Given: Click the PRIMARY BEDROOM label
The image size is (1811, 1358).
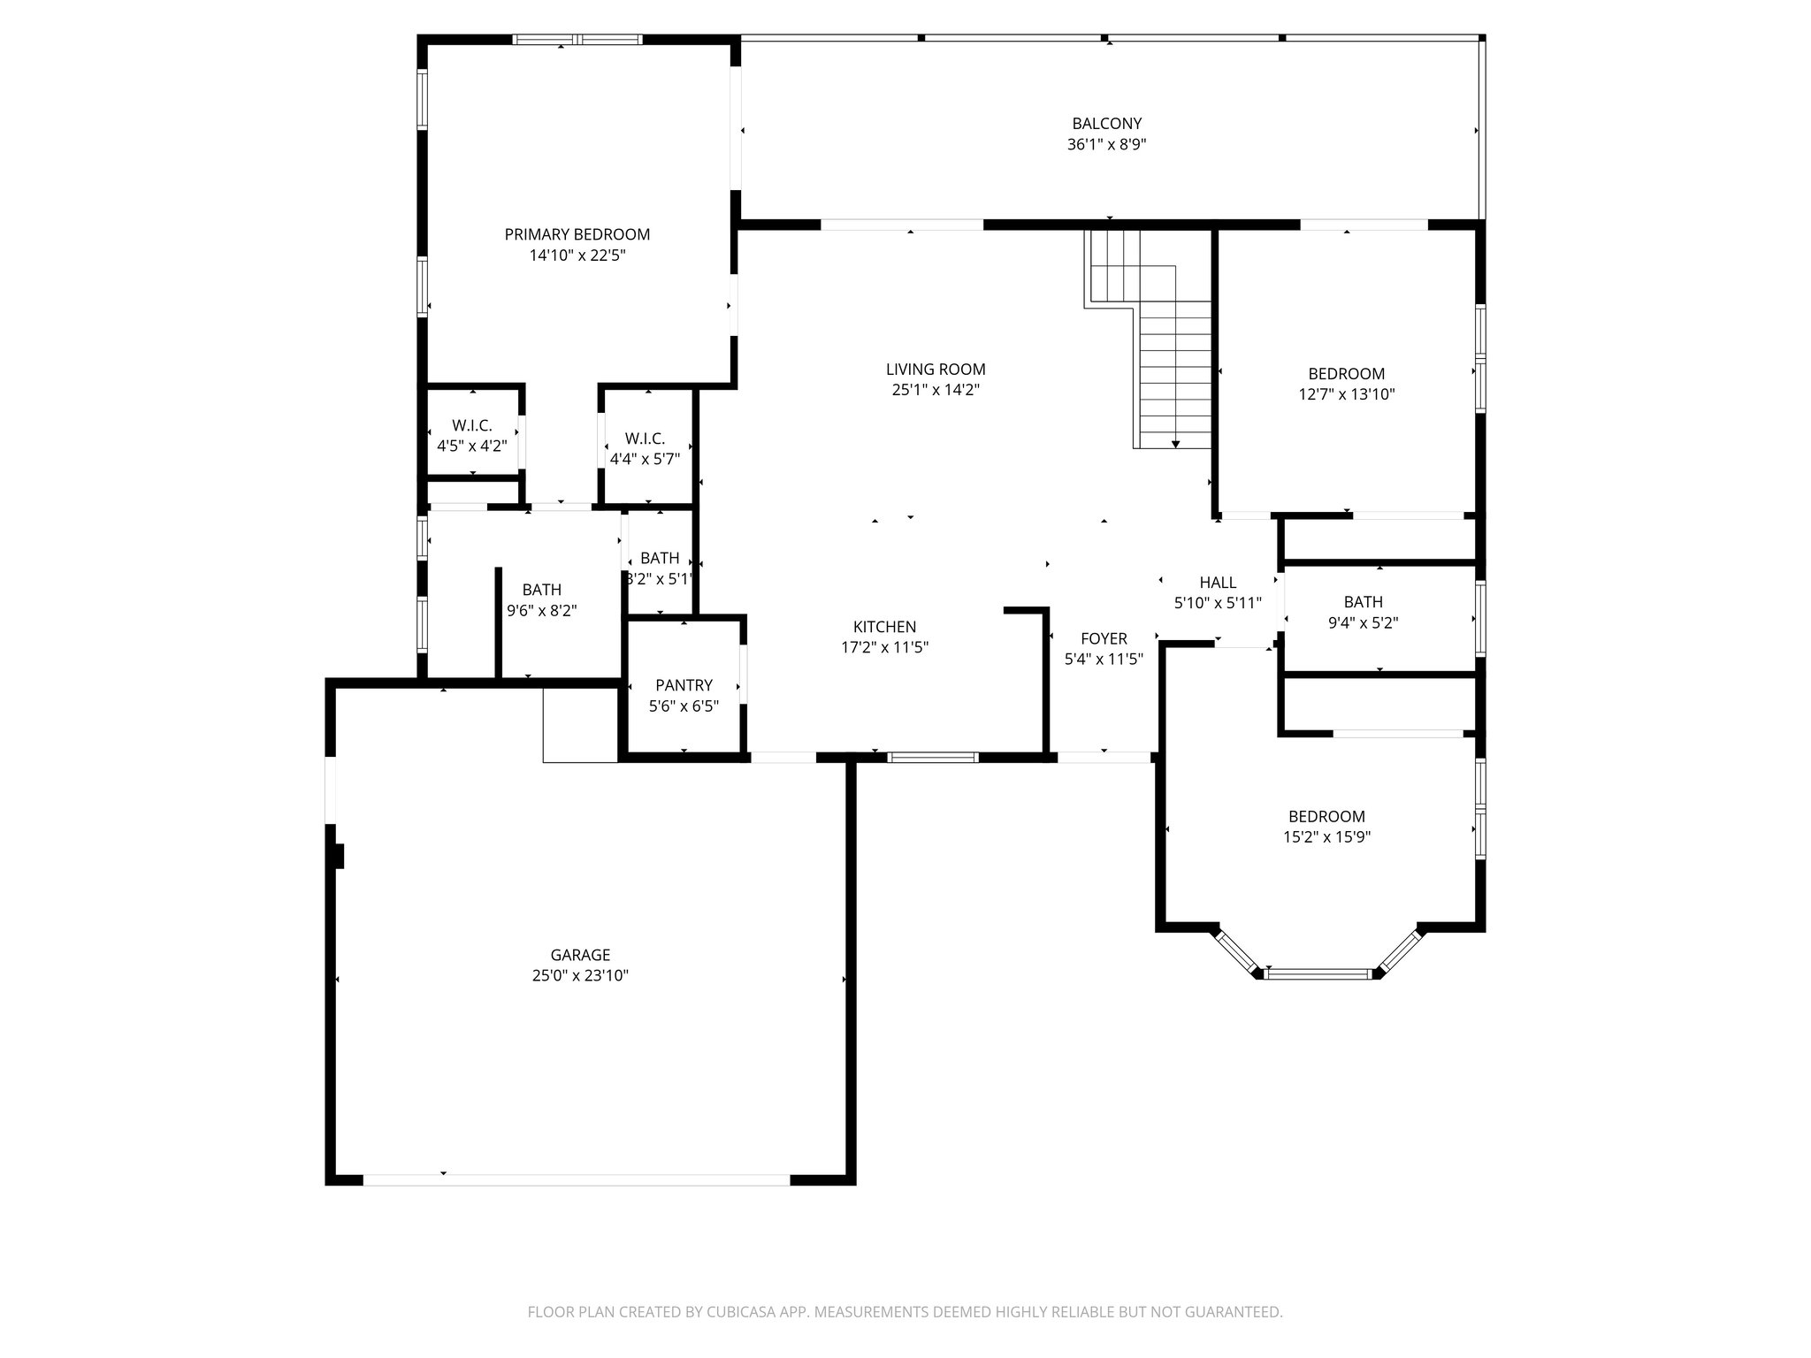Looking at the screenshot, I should point(577,234).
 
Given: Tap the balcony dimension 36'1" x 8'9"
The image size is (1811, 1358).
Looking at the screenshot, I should point(1106,144).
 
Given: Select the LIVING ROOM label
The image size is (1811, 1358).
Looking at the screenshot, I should point(936,369).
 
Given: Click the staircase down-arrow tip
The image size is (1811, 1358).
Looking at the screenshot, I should point(1175,446).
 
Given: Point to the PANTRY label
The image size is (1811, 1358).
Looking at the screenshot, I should point(684,685).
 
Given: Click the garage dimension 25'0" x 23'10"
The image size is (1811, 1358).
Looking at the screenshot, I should point(580,975).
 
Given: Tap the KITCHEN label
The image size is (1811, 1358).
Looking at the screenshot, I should point(884,627).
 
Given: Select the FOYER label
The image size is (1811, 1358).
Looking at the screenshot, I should point(1104,638).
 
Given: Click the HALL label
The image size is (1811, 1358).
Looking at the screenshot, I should point(1218,582).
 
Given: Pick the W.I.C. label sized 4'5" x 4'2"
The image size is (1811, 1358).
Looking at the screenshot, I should point(471,425).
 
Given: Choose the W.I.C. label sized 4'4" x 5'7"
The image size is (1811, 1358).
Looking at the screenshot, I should point(645,439).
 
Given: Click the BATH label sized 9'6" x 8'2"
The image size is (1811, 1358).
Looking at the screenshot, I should point(541,590).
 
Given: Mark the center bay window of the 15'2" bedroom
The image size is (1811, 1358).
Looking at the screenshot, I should point(1317,973).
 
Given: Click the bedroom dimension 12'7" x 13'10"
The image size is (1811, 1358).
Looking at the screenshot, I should point(1346,394).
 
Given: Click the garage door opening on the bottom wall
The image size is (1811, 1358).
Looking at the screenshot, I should point(576,1179).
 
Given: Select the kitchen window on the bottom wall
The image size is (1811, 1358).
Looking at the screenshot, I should point(933,757).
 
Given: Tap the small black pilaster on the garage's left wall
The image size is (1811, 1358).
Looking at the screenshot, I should point(339,856).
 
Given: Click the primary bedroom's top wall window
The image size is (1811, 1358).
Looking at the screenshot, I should point(577,40).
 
